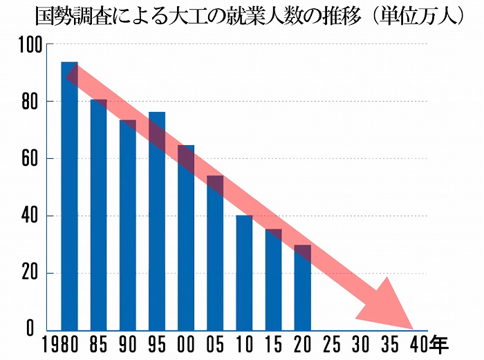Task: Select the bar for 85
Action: pos(98,215)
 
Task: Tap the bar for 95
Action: pos(157,221)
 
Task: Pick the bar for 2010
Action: pos(244,273)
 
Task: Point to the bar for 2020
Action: pos(302,287)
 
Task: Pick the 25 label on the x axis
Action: pos(331,344)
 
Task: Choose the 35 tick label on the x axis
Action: pos(389,344)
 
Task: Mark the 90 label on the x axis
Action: pos(128,344)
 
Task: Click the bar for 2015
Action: pos(273,279)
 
